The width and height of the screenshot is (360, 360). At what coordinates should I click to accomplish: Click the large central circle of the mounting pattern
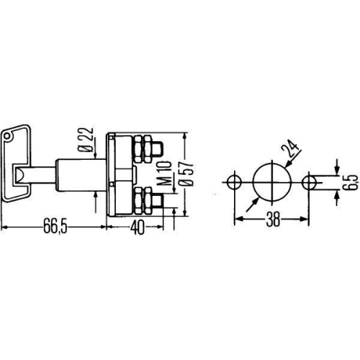click(271, 180)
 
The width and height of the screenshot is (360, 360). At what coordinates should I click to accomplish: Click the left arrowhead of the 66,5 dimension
click(4, 227)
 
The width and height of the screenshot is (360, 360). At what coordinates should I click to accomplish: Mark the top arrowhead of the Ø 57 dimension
click(186, 135)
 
